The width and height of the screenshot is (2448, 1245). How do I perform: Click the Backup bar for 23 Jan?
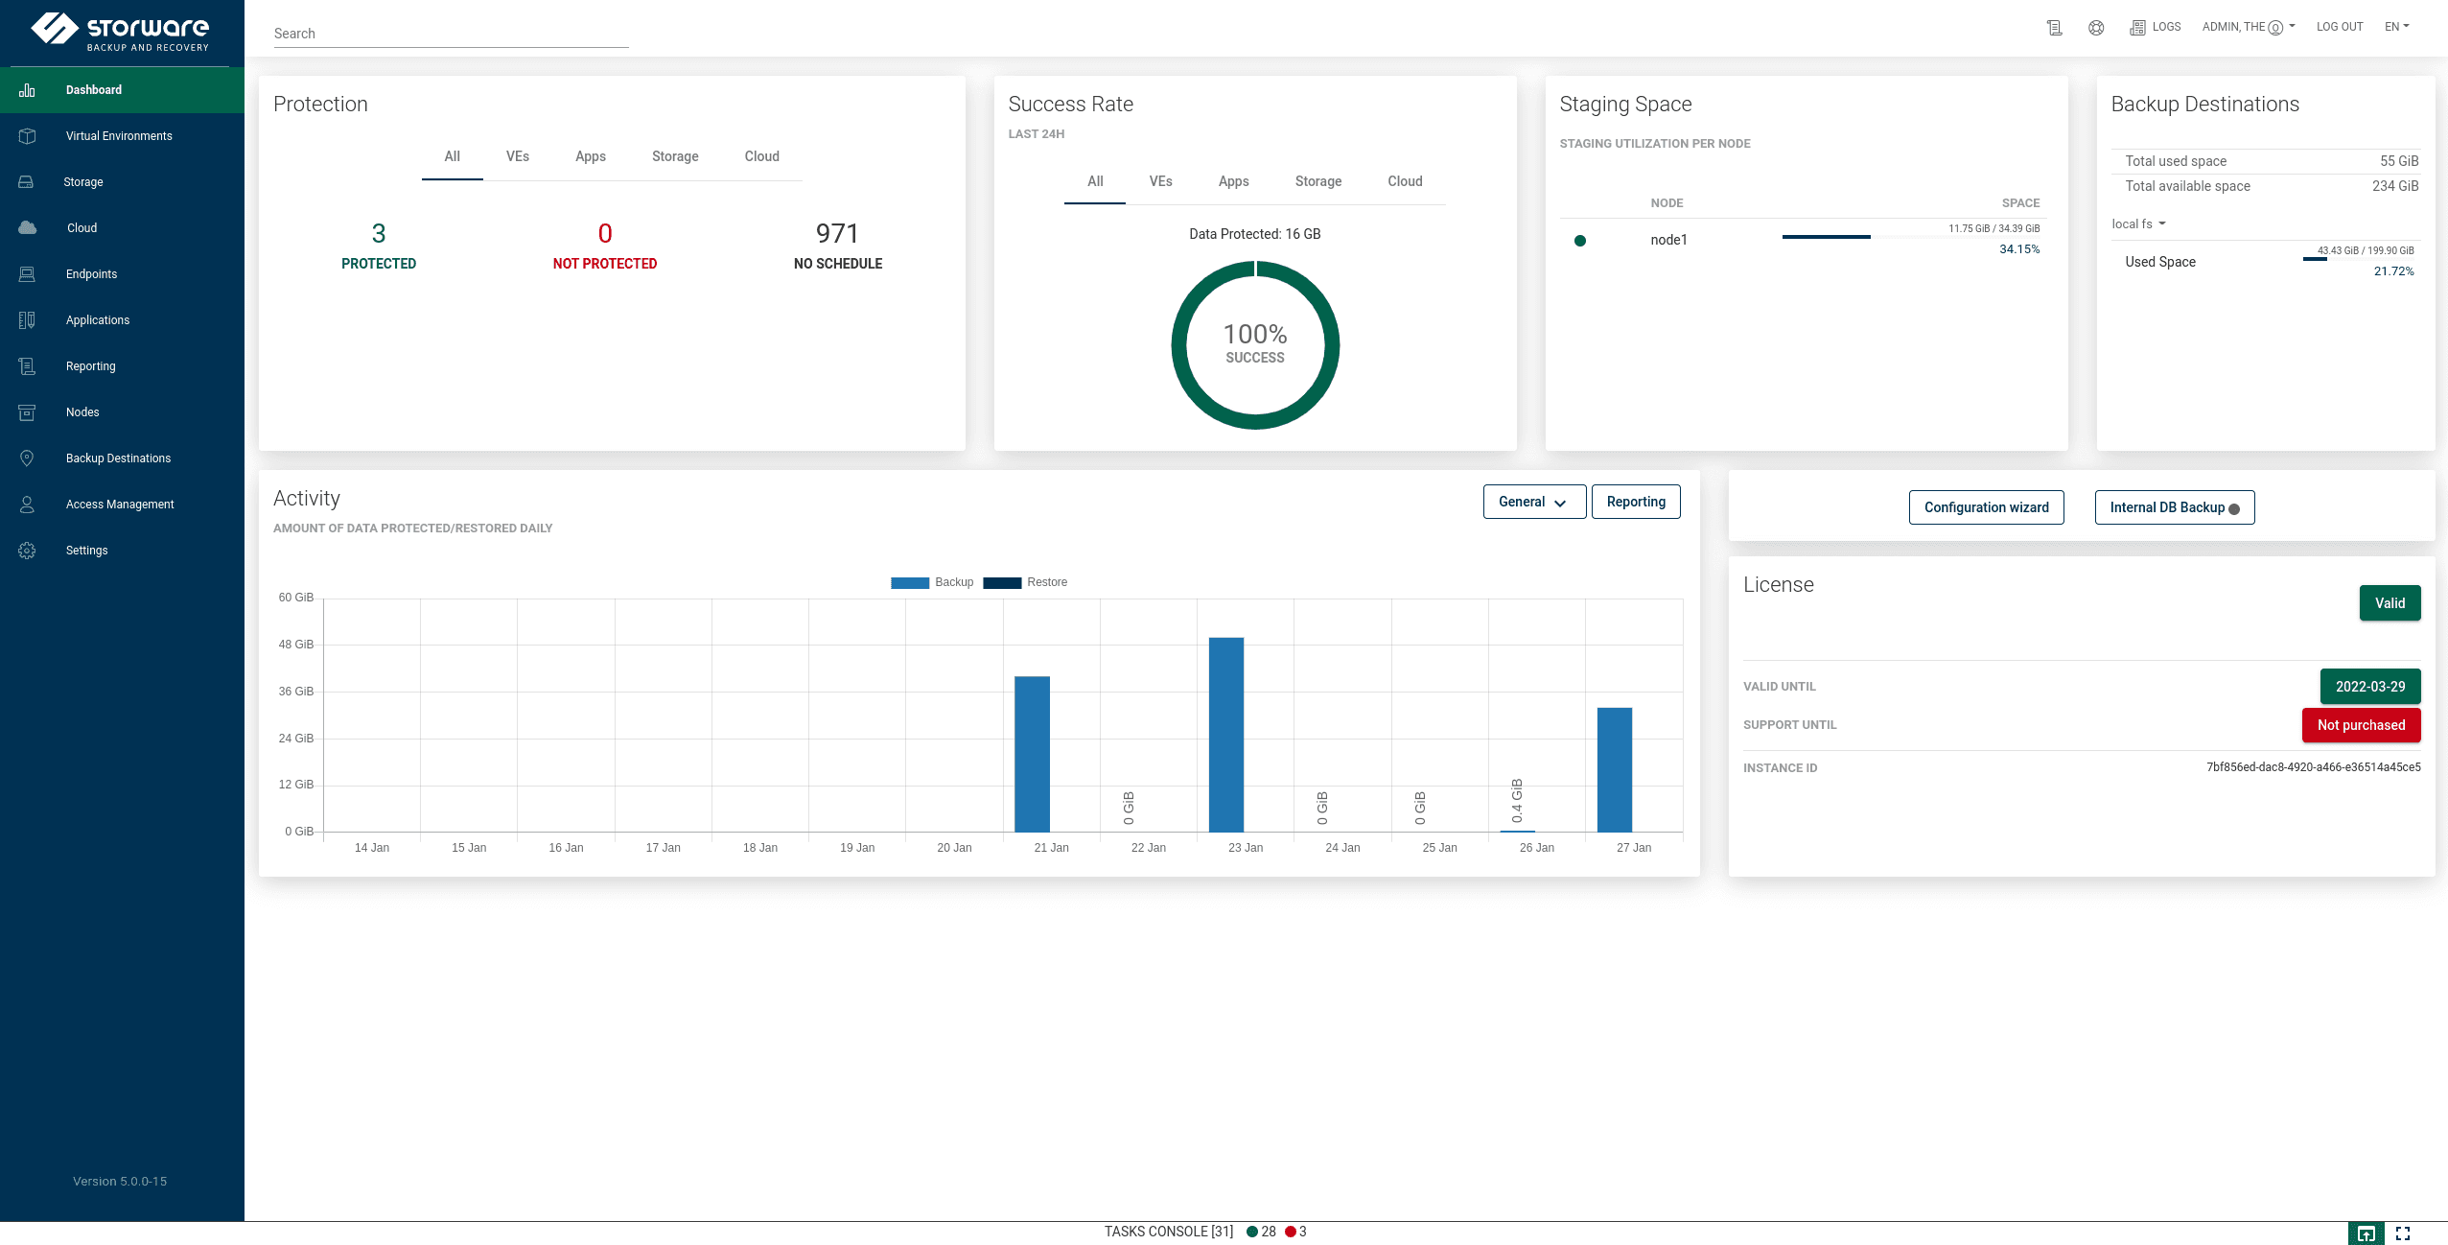[x=1225, y=734]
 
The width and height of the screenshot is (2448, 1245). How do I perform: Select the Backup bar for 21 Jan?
[x=1032, y=754]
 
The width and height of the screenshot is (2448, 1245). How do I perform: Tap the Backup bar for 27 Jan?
[x=1614, y=769]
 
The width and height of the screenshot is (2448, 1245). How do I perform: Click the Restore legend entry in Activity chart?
[x=1025, y=582]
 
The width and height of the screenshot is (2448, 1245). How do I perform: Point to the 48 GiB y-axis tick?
[x=296, y=645]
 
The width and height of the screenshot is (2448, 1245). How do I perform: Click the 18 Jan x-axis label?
[x=759, y=848]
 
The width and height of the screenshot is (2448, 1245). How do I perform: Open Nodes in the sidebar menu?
[x=82, y=412]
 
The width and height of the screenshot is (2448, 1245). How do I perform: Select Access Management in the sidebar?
[x=120, y=505]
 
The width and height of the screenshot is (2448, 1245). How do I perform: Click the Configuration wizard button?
[x=1986, y=507]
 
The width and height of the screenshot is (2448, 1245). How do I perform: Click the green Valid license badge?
[x=2389, y=603]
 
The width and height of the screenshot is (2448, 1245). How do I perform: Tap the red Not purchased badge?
[x=2361, y=725]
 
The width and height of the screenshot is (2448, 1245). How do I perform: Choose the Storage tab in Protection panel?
[x=675, y=156]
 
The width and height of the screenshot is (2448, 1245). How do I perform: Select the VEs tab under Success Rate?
[x=1160, y=181]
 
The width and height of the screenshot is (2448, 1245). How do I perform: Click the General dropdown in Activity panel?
[x=1533, y=502]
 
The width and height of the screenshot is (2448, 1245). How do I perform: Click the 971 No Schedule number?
[x=837, y=234]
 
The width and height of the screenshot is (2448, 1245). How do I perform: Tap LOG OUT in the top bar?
[x=2339, y=27]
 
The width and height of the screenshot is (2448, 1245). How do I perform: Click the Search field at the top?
[x=451, y=34]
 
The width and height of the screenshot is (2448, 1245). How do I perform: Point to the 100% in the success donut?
[x=1254, y=335]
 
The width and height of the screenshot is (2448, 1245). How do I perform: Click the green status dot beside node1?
[x=1579, y=241]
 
